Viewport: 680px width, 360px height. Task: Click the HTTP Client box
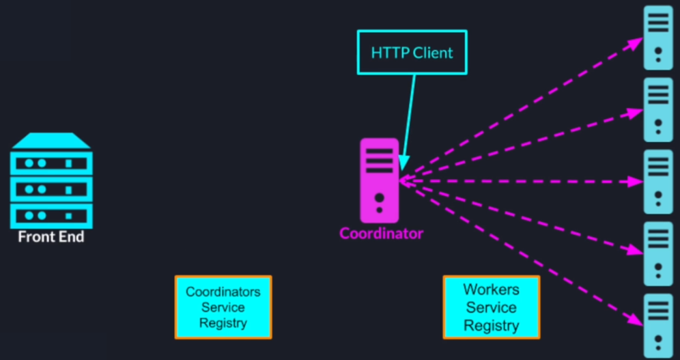pos(412,52)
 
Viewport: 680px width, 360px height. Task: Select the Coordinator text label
pos(381,234)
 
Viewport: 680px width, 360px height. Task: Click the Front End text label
pos(51,237)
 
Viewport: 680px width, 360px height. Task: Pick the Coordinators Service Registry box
pos(223,307)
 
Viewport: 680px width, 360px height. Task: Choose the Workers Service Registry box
pos(491,307)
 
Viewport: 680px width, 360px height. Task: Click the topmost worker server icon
pos(658,37)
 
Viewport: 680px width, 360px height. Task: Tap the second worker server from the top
pos(658,109)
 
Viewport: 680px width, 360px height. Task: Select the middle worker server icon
pos(658,181)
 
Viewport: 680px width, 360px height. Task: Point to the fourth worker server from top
pos(658,253)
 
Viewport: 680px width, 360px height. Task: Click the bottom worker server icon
pos(658,324)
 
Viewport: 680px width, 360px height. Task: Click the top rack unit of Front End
pos(51,163)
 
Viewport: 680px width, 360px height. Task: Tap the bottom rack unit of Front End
pos(51,215)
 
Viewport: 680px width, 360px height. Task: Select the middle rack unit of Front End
pos(51,189)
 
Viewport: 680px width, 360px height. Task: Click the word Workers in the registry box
pos(491,290)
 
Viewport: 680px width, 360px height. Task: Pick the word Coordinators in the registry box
pos(223,292)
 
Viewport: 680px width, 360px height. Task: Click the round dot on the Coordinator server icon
pos(380,198)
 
